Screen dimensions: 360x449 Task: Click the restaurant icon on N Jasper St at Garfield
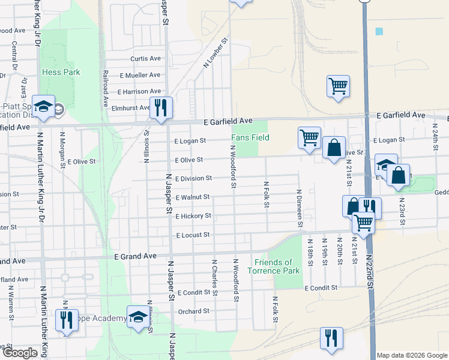[160, 108]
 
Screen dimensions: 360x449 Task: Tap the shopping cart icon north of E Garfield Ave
[338, 86]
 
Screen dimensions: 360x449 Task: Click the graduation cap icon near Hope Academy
[138, 317]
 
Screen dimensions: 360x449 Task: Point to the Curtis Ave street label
[146, 59]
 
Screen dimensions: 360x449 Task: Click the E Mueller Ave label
[140, 76]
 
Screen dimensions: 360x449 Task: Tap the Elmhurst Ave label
[130, 108]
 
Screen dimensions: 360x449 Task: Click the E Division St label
[193, 178]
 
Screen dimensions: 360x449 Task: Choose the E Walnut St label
[192, 197]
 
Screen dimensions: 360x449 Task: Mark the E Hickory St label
[193, 216]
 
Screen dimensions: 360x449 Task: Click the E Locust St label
[192, 235]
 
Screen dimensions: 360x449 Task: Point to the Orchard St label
[193, 311]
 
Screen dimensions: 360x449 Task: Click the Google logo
[19, 353]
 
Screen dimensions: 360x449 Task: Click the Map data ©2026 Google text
[412, 355]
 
